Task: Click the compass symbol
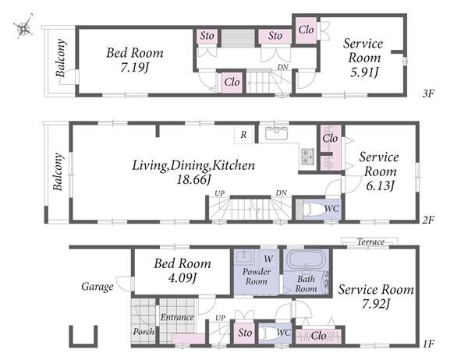coord(24,26)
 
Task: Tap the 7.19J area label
coord(134,68)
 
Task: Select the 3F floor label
coord(428,94)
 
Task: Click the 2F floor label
coord(428,220)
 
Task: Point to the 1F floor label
coord(428,344)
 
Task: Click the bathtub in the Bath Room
coord(306,260)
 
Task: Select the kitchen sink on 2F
coord(276,133)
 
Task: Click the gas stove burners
coord(307,157)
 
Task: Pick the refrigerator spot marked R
coord(243,135)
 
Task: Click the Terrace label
coord(370,242)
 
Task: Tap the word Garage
coord(97,287)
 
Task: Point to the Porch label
coord(144,332)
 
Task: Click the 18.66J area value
coord(194,180)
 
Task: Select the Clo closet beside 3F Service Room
coord(307,30)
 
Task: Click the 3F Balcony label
coord(60,58)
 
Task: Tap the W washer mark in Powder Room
coord(268,259)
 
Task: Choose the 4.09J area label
coord(183,278)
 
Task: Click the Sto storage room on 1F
coord(245,333)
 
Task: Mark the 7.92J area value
coord(375,304)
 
